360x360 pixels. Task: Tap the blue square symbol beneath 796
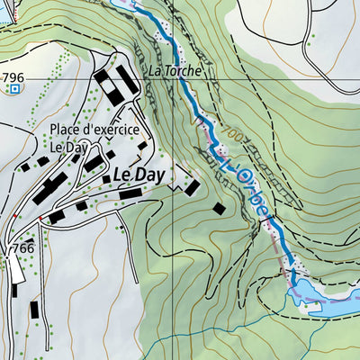[13, 89]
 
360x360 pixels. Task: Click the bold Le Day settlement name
[139, 176]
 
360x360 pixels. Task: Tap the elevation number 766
[22, 247]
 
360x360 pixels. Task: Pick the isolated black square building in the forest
[219, 208]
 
